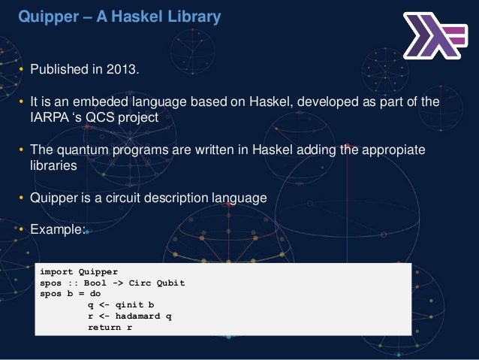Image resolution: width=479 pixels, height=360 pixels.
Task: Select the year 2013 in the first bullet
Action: click(124, 71)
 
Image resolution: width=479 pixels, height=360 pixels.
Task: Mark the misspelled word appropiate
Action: click(390, 151)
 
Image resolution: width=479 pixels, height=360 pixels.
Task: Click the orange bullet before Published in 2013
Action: click(23, 71)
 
